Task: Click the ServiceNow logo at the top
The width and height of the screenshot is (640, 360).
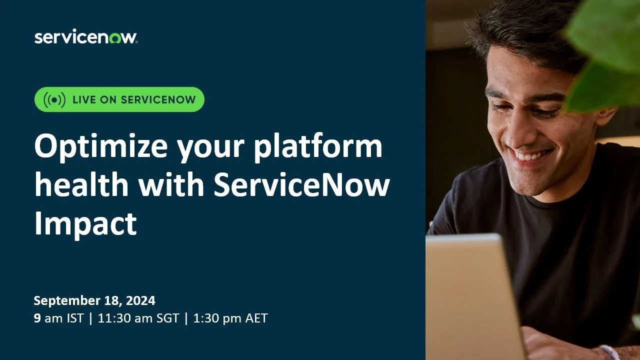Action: coord(85,37)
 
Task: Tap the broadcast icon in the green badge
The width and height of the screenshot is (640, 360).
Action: coord(54,99)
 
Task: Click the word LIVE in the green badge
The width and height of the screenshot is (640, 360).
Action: coord(84,99)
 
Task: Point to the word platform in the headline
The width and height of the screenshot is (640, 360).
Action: coord(318,148)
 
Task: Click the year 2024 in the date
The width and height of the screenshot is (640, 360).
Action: coord(140,301)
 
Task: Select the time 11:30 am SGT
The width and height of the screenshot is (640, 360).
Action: coord(138,318)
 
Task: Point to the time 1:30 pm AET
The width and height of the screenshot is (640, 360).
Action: coord(230,318)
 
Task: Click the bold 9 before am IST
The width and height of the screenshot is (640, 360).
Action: coord(37,318)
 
